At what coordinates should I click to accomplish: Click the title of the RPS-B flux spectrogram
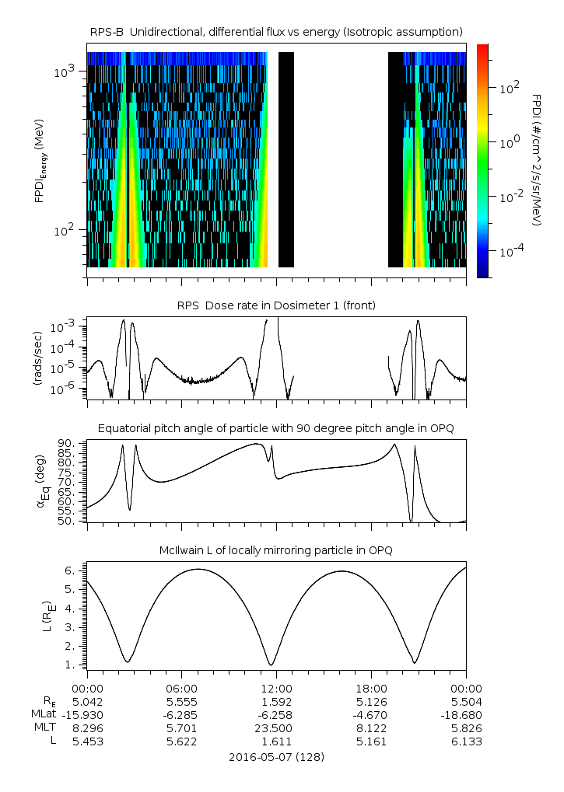coord(276,31)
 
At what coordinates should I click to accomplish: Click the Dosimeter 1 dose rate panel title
coord(276,305)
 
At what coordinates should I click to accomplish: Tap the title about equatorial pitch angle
coord(276,428)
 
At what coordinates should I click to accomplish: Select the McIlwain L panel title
coord(276,550)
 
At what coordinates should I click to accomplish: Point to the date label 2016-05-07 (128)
coord(276,756)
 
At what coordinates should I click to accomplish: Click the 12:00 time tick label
coord(276,688)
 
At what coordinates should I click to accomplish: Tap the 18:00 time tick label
coord(371,688)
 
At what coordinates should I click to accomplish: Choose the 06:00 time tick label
coord(181,688)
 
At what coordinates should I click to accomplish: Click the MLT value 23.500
coord(276,728)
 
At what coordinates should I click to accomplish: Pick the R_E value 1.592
coord(276,701)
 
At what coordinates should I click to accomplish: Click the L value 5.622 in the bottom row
coord(181,741)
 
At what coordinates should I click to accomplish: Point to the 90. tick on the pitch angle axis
coord(65,444)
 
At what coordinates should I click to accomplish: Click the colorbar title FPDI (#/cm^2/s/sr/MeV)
coord(537,160)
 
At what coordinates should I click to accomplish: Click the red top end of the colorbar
coord(482,48)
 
